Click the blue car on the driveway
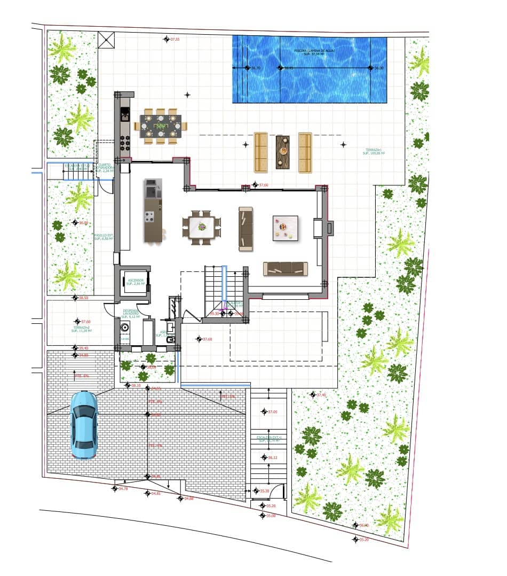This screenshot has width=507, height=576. click(x=84, y=425)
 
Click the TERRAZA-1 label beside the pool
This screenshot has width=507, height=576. click(x=374, y=151)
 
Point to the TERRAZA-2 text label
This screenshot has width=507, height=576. click(x=82, y=329)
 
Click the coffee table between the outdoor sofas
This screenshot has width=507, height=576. click(x=283, y=152)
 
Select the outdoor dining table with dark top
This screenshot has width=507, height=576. click(x=161, y=126)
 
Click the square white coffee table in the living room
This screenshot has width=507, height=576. click(x=285, y=228)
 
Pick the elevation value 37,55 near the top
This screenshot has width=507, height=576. click(x=175, y=40)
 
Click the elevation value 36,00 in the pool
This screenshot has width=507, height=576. click(x=378, y=68)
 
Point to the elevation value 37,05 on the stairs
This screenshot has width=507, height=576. click(x=272, y=412)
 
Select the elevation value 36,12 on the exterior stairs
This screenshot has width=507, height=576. click(x=272, y=458)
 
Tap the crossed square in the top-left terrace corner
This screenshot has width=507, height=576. click(x=106, y=40)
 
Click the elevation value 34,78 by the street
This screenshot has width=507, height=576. click(x=123, y=488)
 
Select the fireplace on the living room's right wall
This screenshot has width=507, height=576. click(x=329, y=228)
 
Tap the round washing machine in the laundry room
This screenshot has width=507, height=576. click(x=124, y=328)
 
